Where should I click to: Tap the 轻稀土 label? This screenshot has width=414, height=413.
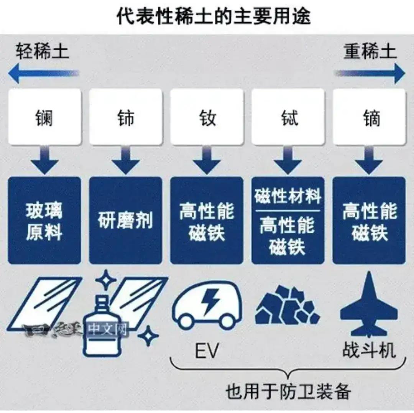tap(42, 51)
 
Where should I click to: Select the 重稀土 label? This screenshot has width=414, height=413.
tap(370, 51)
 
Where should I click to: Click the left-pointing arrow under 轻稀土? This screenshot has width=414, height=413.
tap(44, 73)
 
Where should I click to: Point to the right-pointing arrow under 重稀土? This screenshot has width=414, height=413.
tap(370, 73)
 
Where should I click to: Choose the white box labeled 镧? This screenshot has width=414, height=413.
tap(44, 117)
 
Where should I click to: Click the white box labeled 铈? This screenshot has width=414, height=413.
tap(126, 117)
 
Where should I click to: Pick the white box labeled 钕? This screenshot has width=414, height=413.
tap(207, 117)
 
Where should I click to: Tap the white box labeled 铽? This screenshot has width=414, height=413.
tap(288, 117)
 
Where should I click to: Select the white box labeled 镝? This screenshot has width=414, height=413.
tap(369, 117)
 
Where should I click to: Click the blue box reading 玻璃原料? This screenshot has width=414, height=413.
tap(44, 220)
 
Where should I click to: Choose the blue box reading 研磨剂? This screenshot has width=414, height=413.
tap(126, 220)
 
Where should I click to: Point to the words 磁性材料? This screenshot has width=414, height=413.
tap(288, 196)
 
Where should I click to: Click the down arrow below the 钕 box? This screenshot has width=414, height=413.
tap(207, 160)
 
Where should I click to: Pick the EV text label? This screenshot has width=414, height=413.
tap(207, 350)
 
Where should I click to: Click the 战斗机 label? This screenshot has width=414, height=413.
tap(369, 350)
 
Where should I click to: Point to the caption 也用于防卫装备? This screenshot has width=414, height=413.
tap(288, 391)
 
